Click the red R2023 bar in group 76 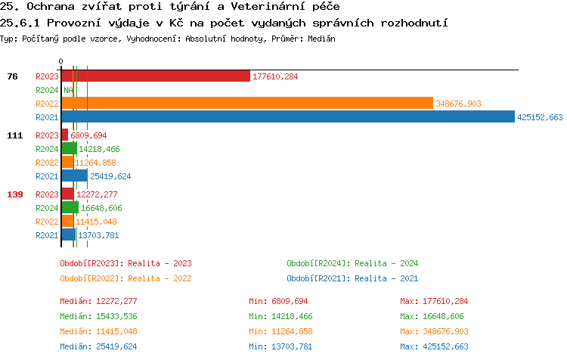coord(155,76)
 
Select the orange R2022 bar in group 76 coord(246,104)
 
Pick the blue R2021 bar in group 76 coord(287,117)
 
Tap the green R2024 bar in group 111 coord(69,149)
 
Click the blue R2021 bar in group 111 coord(74,176)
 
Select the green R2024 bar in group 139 coord(70,208)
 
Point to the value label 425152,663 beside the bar coord(540,117)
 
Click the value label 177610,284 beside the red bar coord(275,76)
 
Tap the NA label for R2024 coord(68,90)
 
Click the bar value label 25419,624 coord(110,176)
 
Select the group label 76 coord(12,76)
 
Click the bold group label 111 coord(14,135)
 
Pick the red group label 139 coord(14,194)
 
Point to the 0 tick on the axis coord(61,61)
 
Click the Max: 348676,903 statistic coord(434,331)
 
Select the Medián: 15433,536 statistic coord(98,316)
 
